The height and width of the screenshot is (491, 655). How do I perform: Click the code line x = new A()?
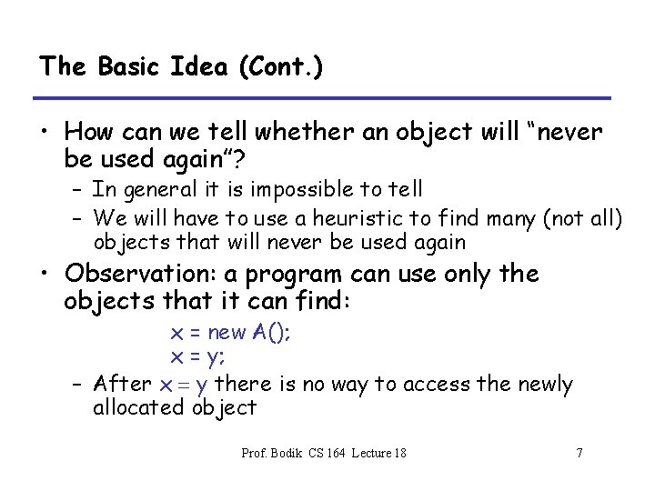coord(231,333)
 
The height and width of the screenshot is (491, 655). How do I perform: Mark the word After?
coord(123,384)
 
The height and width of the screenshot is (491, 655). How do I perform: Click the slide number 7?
coord(579,453)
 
